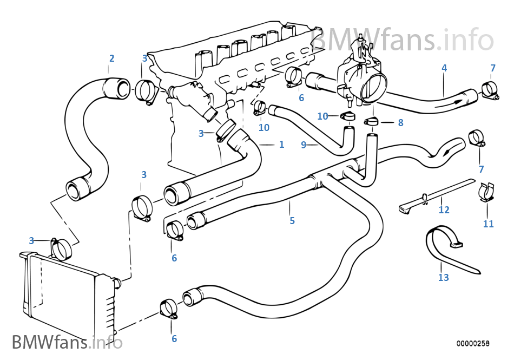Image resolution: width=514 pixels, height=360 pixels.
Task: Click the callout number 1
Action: pyautogui.click(x=281, y=145)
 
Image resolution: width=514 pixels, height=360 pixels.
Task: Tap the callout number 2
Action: pyautogui.click(x=111, y=58)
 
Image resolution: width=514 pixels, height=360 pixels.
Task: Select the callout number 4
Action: pyautogui.click(x=444, y=68)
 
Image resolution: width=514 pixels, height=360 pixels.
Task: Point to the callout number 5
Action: pyautogui.click(x=292, y=220)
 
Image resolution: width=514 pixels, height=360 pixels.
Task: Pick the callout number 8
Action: pyautogui.click(x=400, y=123)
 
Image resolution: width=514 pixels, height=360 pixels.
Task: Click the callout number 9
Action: pyautogui.click(x=304, y=145)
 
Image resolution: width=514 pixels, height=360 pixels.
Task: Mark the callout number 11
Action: pyautogui.click(x=488, y=224)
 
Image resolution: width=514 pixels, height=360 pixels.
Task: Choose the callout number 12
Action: pyautogui.click(x=444, y=210)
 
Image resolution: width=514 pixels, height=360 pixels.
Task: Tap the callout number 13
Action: pyautogui.click(x=444, y=278)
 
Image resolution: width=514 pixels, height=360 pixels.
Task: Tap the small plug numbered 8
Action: pyautogui.click(x=372, y=121)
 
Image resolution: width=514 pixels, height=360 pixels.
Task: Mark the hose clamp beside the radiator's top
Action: pyautogui.click(x=62, y=249)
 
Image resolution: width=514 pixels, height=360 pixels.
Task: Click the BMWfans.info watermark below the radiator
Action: pyautogui.click(x=67, y=342)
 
